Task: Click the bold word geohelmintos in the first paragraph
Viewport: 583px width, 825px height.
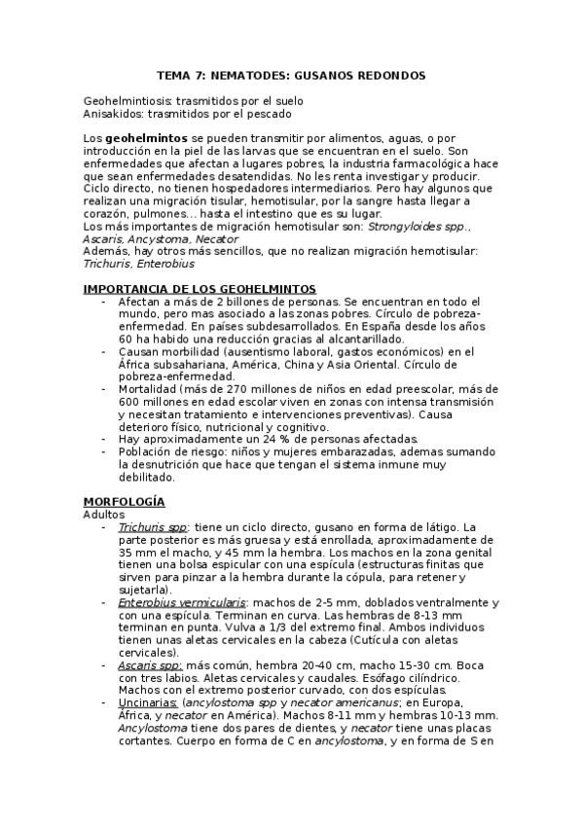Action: pyautogui.click(x=146, y=139)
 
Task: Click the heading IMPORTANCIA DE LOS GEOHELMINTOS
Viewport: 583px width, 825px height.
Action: pyautogui.click(x=200, y=289)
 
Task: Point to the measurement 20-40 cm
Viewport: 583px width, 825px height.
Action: pyautogui.click(x=304, y=665)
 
